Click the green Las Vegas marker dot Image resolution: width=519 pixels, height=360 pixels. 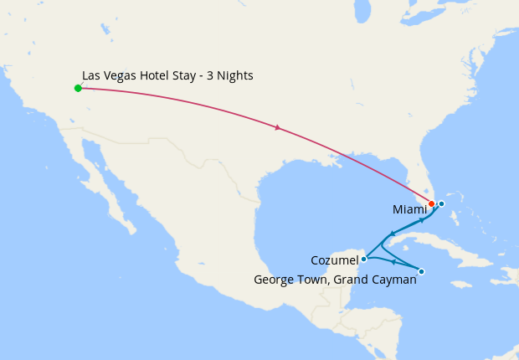coord(78,88)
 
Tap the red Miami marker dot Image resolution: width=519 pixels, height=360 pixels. coord(431,203)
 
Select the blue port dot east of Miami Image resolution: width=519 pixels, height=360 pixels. coord(441,203)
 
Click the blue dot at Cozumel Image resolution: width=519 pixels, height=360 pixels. coord(363,259)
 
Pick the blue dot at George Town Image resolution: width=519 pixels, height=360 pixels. coord(421,271)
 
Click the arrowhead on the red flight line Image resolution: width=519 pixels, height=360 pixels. coord(278,128)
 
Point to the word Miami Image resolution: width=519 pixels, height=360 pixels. coord(410,209)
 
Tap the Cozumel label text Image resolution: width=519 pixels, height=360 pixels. coord(334,260)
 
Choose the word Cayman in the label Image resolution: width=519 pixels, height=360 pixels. coord(393,280)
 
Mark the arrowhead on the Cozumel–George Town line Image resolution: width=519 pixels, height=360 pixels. coord(393,262)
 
